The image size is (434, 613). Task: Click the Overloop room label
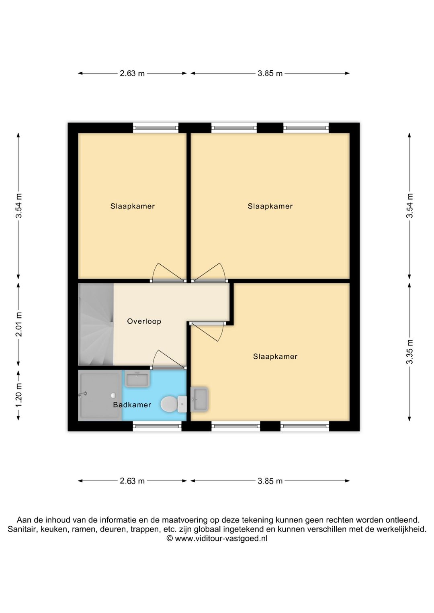144,321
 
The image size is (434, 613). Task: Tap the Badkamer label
132,405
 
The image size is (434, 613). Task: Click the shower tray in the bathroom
100,395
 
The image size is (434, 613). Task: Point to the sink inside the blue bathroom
137,379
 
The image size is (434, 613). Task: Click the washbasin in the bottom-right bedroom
199,399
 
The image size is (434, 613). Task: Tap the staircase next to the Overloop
96,325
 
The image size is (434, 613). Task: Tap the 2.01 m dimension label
19,324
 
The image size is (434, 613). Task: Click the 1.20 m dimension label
19,395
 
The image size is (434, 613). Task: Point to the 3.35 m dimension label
409,352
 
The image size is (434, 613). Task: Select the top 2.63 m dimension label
132,74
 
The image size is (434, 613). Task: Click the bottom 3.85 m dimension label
270,481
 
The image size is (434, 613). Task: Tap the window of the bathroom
157,426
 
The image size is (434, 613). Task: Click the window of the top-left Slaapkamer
156,128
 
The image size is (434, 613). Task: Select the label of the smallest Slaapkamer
133,206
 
